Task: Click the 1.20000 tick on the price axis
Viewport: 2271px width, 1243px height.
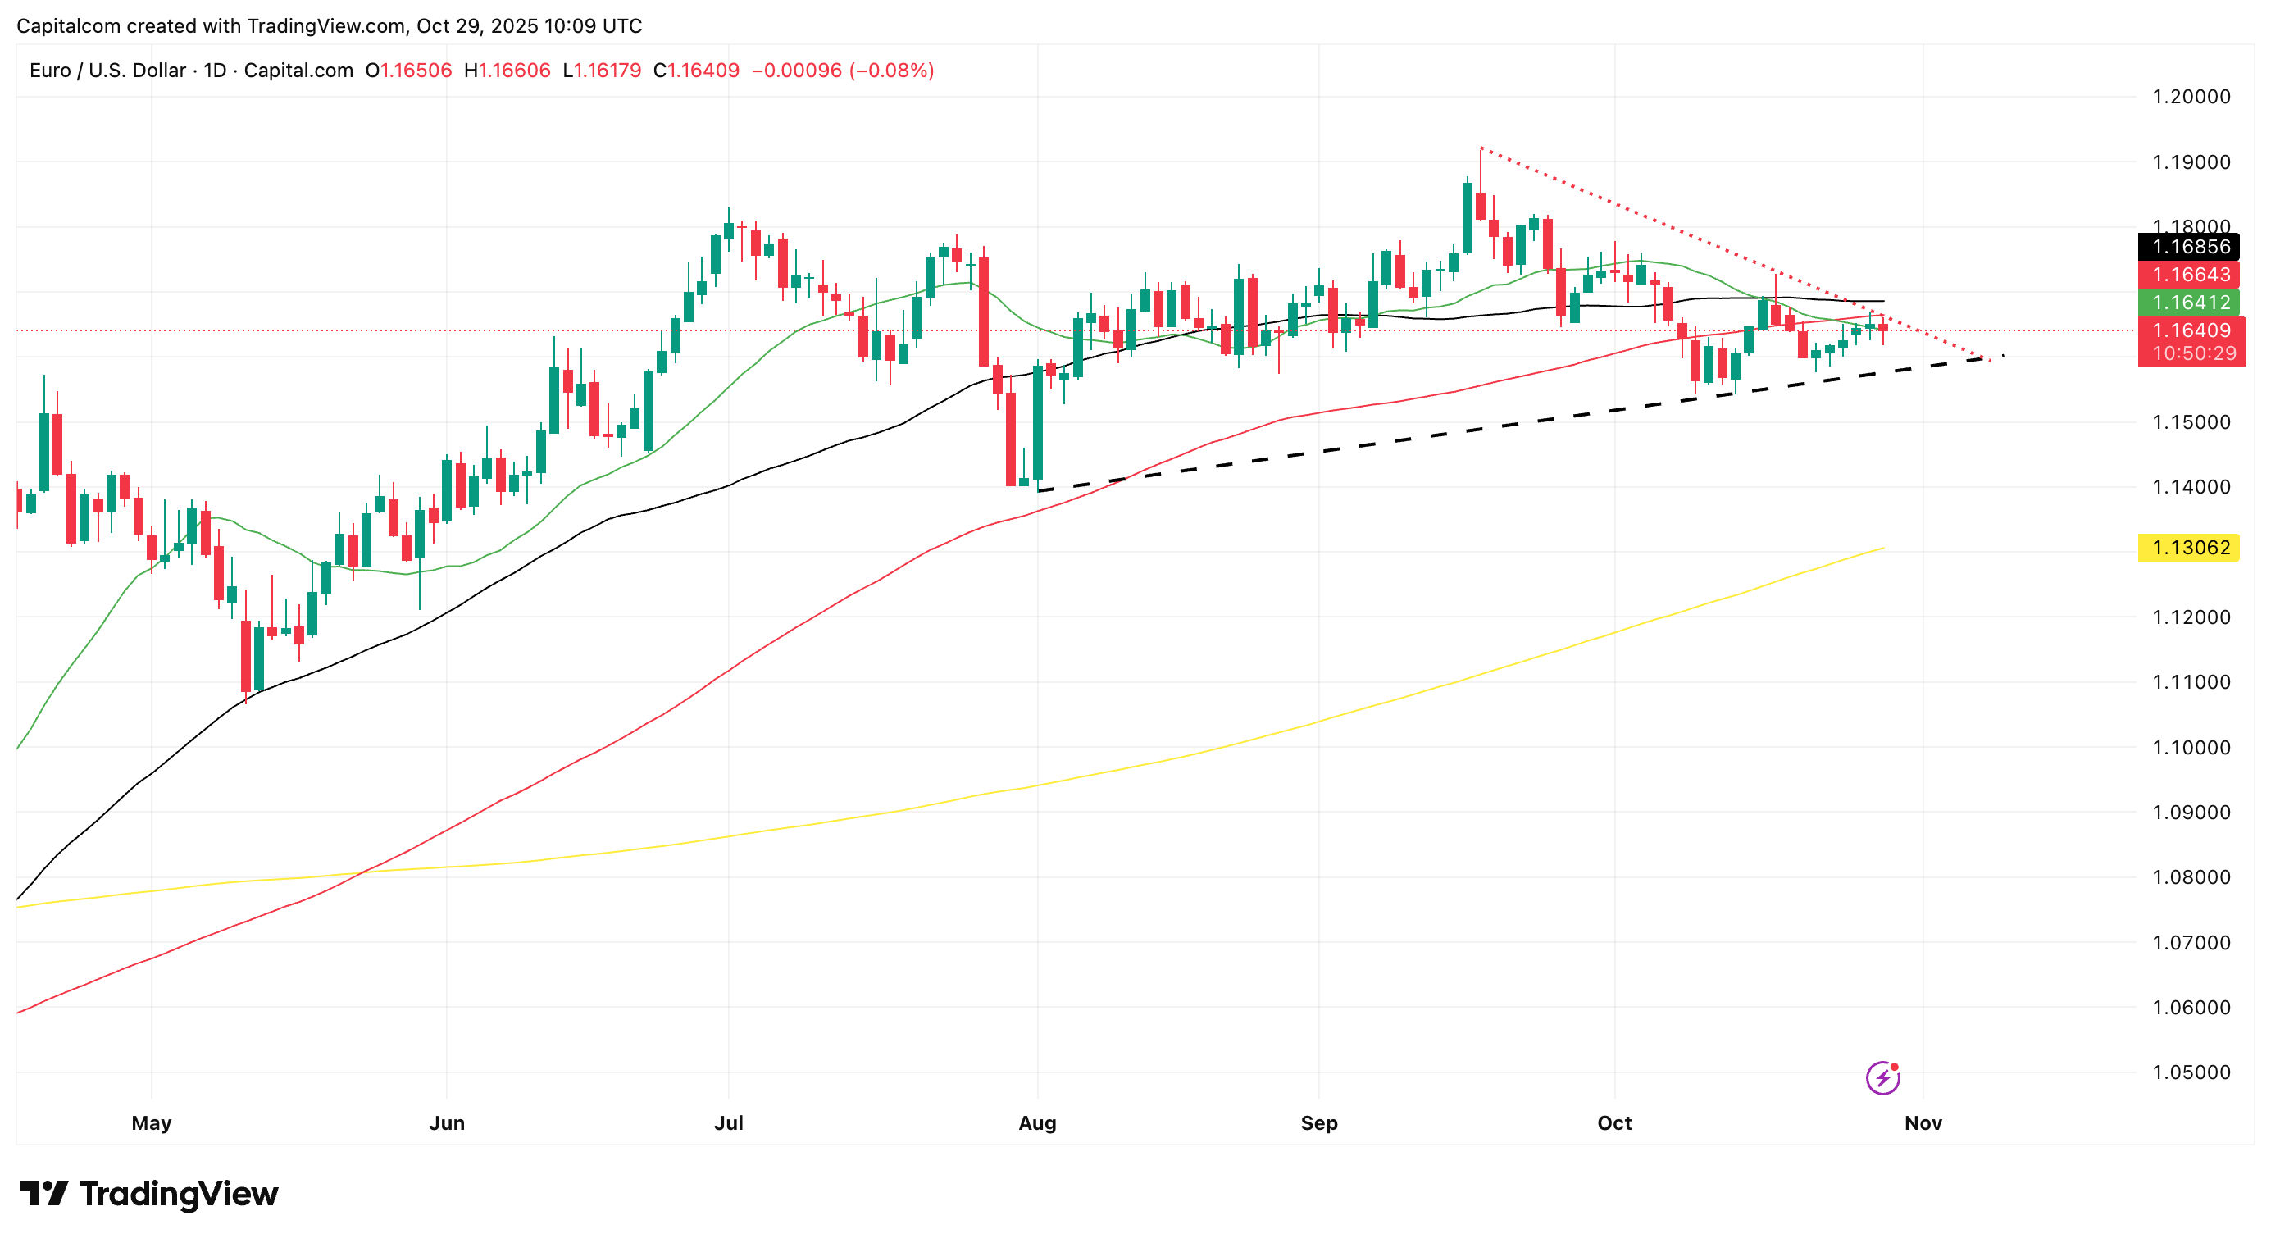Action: pyautogui.click(x=2191, y=97)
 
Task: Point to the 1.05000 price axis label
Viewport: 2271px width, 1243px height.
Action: pyautogui.click(x=2191, y=1072)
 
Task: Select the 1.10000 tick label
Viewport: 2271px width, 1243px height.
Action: pyautogui.click(x=2191, y=748)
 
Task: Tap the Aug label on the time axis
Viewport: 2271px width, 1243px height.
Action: pyautogui.click(x=1037, y=1123)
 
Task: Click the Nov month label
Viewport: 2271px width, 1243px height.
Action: pyautogui.click(x=1923, y=1123)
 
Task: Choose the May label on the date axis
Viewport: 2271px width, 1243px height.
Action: pyautogui.click(x=151, y=1123)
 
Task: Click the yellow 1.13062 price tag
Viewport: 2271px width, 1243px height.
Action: pyautogui.click(x=2190, y=549)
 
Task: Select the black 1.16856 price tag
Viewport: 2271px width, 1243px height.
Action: pyautogui.click(x=2190, y=247)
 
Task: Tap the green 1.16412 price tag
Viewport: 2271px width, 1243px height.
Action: pyautogui.click(x=2190, y=303)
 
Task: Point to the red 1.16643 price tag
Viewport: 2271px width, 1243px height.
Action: pyautogui.click(x=2190, y=275)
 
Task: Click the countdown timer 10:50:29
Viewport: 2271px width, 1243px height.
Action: pyautogui.click(x=2193, y=353)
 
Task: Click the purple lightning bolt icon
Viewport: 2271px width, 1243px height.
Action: pyautogui.click(x=1882, y=1077)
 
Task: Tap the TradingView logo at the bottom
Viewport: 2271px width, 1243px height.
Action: pyautogui.click(x=148, y=1195)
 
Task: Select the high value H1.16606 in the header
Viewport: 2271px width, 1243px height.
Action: pyautogui.click(x=507, y=71)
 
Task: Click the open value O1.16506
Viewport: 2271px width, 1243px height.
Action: pyautogui.click(x=408, y=71)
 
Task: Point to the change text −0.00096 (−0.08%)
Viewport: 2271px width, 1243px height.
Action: pyautogui.click(x=842, y=71)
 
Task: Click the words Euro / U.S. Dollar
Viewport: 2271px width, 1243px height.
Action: pyautogui.click(x=107, y=71)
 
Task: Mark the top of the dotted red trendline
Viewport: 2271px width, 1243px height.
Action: pyautogui.click(x=1481, y=148)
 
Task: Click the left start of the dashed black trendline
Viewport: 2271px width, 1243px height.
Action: pyautogui.click(x=1040, y=491)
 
